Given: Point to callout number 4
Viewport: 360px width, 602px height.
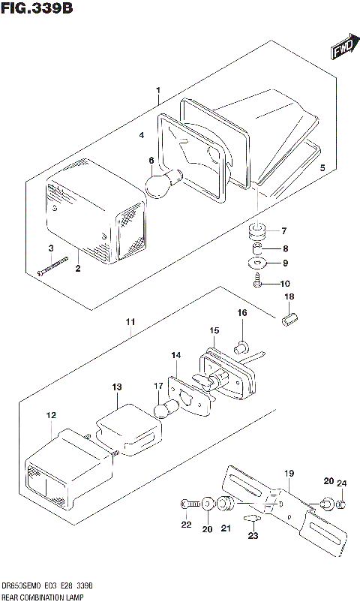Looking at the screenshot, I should click(140, 136).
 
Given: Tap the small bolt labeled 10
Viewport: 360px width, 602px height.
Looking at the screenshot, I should click(256, 284).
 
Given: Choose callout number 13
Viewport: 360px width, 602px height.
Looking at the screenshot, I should click(116, 387).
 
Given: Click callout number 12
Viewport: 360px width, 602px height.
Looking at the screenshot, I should click(50, 415).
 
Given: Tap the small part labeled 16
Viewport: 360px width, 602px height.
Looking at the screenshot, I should click(241, 347).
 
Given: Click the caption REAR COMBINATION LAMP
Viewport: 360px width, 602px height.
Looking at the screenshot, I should click(43, 597).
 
